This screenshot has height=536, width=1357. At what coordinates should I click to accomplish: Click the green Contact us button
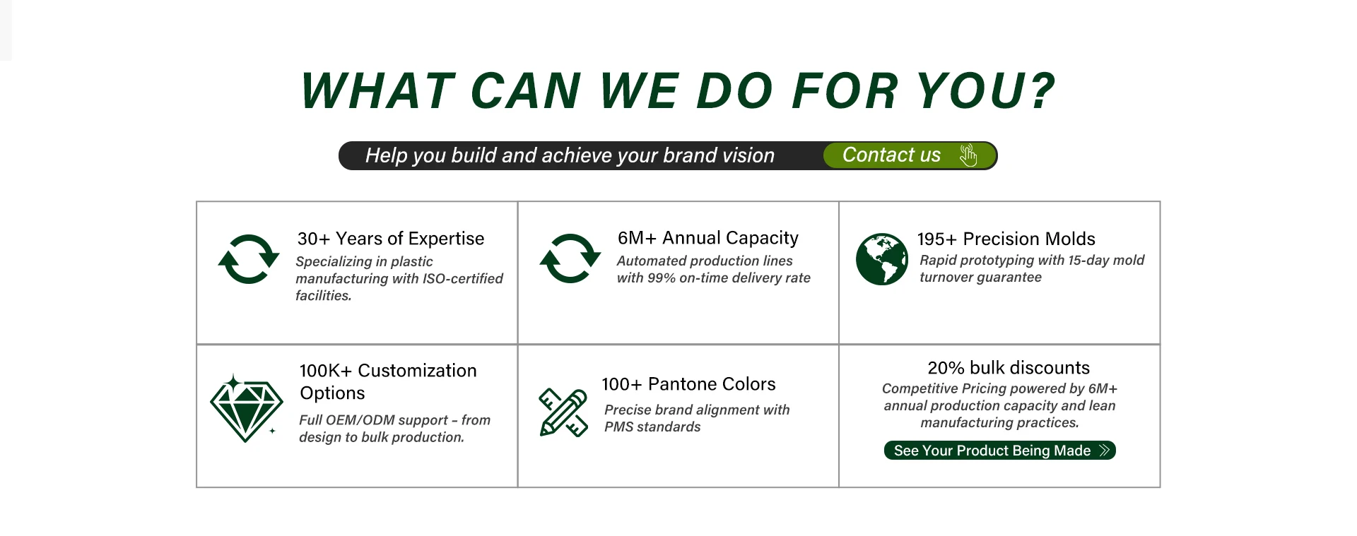[x=910, y=155]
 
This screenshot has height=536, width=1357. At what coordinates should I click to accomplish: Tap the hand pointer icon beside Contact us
[x=968, y=155]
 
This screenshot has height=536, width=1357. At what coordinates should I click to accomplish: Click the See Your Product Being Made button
[x=999, y=451]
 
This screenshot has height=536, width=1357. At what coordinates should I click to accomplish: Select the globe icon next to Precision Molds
[x=881, y=259]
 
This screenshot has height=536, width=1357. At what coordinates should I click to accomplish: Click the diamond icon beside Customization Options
[x=246, y=409]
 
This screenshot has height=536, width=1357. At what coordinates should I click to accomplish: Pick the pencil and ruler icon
[x=563, y=412]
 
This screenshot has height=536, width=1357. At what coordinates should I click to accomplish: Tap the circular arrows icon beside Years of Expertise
[x=249, y=259]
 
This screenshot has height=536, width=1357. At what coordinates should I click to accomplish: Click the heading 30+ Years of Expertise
[x=391, y=239]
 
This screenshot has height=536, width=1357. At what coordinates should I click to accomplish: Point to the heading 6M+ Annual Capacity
[x=708, y=238]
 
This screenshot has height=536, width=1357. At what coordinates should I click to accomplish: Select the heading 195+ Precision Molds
[x=1006, y=239]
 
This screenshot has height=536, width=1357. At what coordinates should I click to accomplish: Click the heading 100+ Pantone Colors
[x=688, y=384]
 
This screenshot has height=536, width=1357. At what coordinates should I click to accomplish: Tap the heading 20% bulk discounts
[x=1009, y=368]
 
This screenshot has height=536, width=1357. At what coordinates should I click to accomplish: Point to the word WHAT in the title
[x=378, y=91]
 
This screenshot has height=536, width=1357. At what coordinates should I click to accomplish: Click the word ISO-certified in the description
[x=462, y=279]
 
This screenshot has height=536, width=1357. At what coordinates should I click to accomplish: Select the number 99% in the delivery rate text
[x=662, y=278]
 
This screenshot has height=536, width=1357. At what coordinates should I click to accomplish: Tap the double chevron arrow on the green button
[x=1105, y=451]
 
